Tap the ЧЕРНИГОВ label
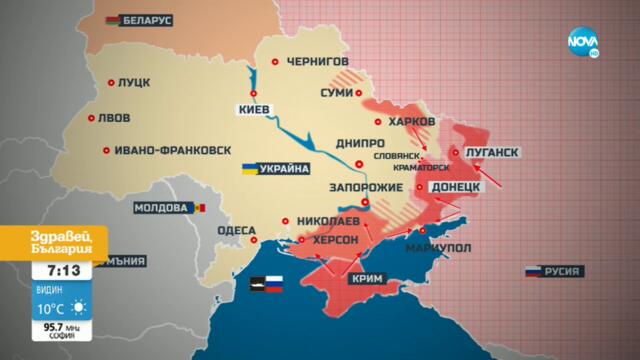click(318, 61)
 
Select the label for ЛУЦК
click(136, 86)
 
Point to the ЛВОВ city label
click(116, 118)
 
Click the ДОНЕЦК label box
click(458, 187)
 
